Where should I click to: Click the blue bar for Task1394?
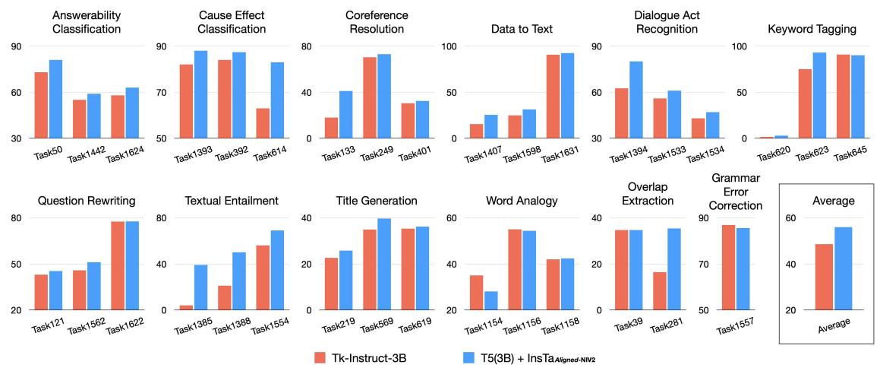coord(636,100)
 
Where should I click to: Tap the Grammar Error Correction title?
coord(736,193)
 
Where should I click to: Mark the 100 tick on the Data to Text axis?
coord(450,46)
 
